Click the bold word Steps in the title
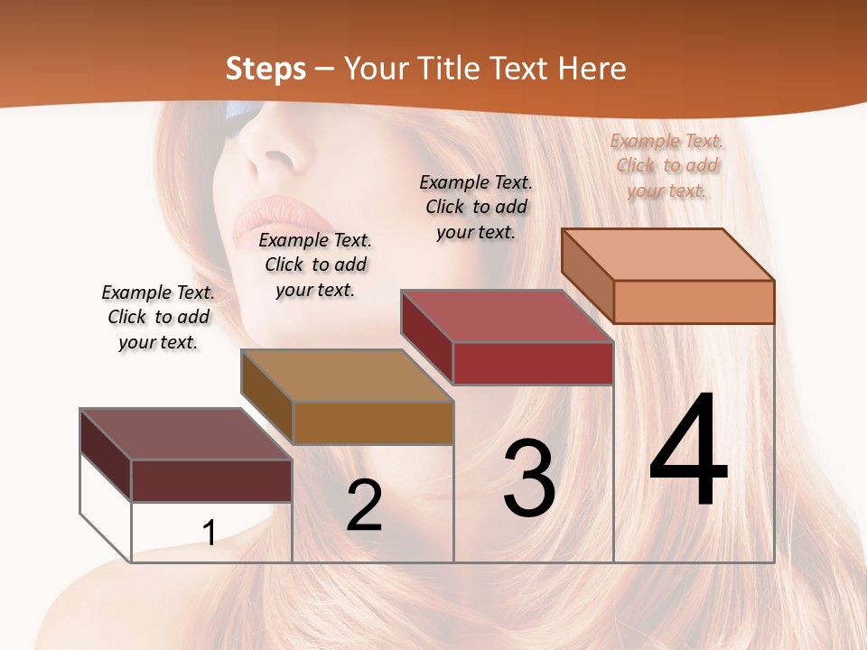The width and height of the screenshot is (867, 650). tap(266, 69)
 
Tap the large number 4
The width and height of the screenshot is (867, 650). tap(688, 451)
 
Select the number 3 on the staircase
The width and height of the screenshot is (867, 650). tap(529, 478)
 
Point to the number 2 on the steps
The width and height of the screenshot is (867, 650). tap(364, 506)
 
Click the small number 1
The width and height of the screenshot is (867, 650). tap(209, 533)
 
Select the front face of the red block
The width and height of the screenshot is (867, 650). tap(533, 363)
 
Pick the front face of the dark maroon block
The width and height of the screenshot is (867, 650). tap(211, 480)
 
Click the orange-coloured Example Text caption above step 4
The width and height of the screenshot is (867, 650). tap(667, 165)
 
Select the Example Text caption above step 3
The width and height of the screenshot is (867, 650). tap(476, 207)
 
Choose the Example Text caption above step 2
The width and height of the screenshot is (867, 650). tap(315, 265)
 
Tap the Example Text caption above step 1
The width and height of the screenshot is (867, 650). tap(158, 317)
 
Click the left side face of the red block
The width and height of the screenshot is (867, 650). tap(426, 337)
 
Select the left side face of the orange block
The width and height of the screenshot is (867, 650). tap(587, 275)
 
